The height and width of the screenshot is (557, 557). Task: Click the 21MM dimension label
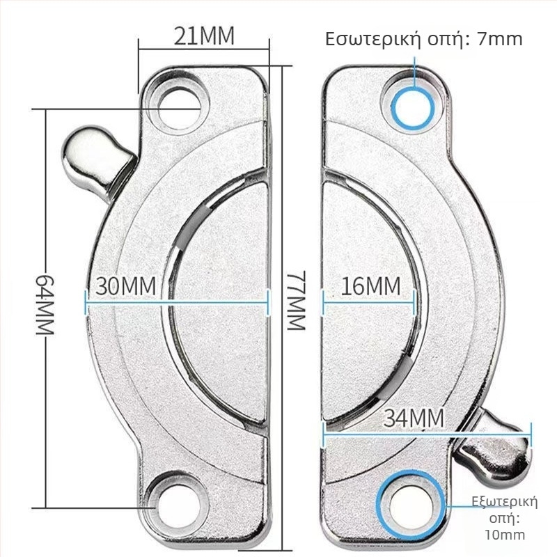tap(204, 36)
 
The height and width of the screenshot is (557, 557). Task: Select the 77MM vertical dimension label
tap(297, 301)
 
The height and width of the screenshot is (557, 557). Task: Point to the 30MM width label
tap(126, 286)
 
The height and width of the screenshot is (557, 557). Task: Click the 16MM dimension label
tap(371, 286)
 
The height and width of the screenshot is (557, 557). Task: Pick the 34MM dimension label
tap(414, 418)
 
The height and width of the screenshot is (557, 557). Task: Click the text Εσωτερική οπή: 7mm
tap(424, 39)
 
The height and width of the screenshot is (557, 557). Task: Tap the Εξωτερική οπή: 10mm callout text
tap(505, 518)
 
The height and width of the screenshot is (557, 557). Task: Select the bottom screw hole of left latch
tap(178, 506)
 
